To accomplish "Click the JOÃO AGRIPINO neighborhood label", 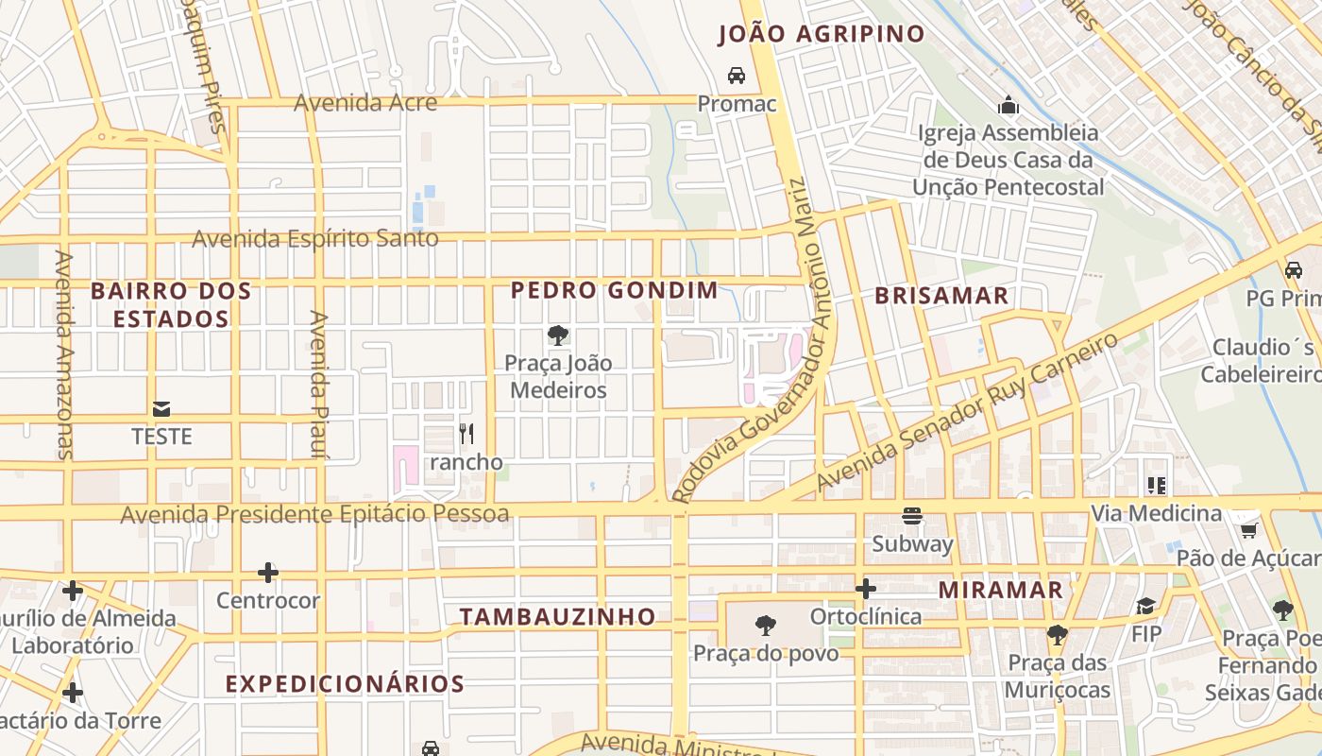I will point(821,34).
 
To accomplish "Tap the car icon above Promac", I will point(737,75).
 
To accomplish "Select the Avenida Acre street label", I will point(365,102).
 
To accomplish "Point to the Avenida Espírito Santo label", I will point(315,238).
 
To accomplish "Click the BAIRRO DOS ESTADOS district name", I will point(171,304).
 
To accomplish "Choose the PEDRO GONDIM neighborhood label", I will point(615,290).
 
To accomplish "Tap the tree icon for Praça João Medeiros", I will point(557,335).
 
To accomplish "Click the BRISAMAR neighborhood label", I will point(941,296).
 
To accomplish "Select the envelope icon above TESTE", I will point(161,408).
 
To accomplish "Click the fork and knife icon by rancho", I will point(466,434).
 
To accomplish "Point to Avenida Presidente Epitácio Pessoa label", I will point(314,514).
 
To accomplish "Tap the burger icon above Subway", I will point(912,516).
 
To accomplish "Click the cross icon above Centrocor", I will point(268,573).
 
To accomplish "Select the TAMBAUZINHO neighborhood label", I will point(557,617).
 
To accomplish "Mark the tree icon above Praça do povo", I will point(766,625).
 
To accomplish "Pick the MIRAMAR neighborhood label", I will point(1000,590).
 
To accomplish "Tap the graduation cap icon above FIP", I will point(1145,606).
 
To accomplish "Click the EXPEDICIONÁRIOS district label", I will point(345,684).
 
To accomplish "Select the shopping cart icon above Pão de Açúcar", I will point(1248,530).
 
